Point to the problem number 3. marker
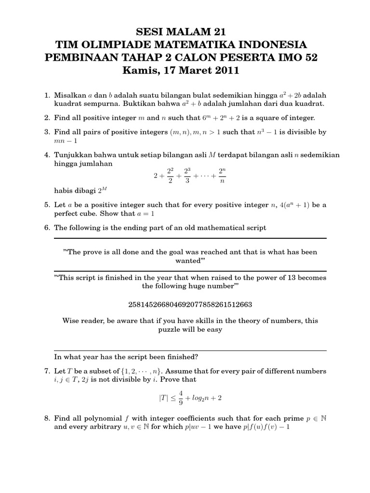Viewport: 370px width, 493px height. coord(47,132)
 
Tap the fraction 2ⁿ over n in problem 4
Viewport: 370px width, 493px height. coord(222,176)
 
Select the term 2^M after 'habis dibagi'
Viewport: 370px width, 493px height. coord(103,191)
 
